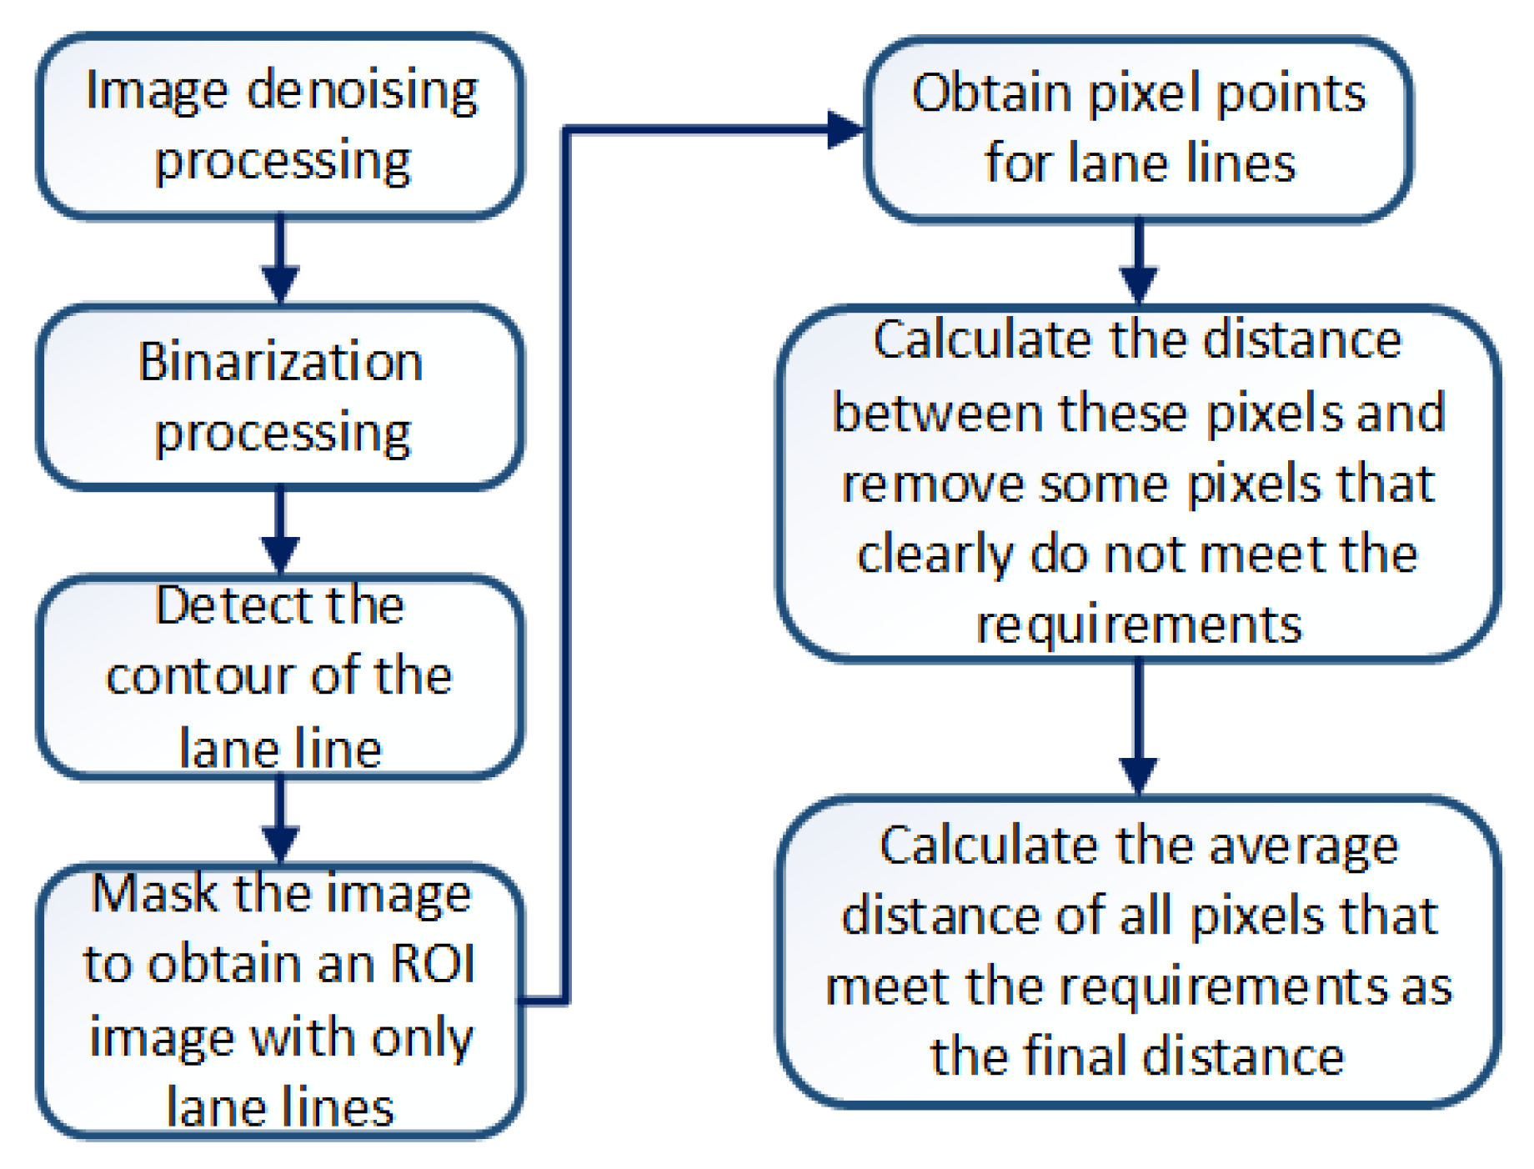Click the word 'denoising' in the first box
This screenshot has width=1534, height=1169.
click(x=363, y=90)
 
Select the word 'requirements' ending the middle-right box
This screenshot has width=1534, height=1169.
click(x=1138, y=625)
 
